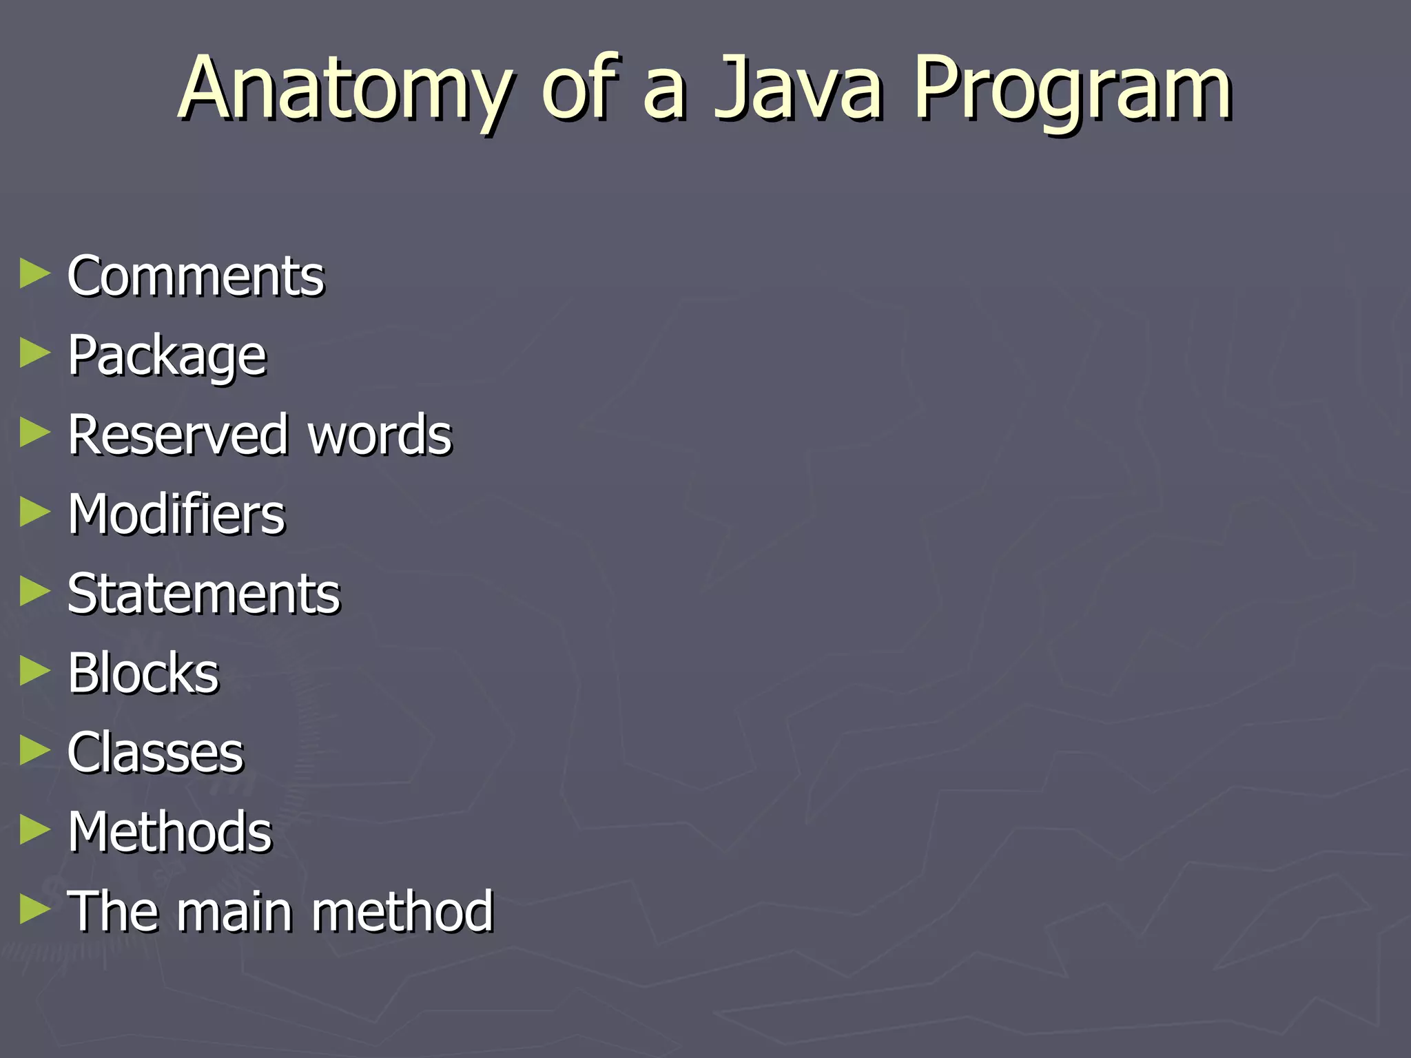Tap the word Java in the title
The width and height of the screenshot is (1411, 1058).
click(x=799, y=88)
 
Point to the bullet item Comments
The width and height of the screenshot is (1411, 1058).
click(x=196, y=276)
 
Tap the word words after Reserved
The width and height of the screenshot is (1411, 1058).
click(x=380, y=435)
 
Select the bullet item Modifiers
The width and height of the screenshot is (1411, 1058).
click(x=176, y=515)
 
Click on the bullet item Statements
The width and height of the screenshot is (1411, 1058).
click(x=204, y=594)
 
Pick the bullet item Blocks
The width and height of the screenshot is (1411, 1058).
click(x=143, y=673)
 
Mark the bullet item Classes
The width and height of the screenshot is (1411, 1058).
click(x=156, y=752)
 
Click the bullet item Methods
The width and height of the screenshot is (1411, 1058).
click(x=170, y=832)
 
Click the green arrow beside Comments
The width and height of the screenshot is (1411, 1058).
click(x=35, y=273)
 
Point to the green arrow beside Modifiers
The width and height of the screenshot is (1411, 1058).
click(x=35, y=512)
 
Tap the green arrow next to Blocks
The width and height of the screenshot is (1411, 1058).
click(x=35, y=671)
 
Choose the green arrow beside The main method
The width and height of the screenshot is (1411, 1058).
click(x=35, y=909)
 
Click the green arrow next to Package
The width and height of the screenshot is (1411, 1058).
click(x=35, y=353)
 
